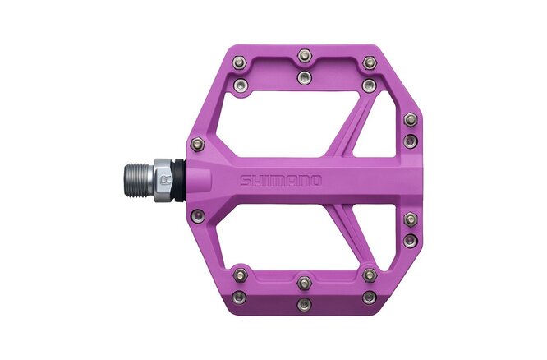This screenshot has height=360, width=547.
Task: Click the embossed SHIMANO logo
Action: [281, 181]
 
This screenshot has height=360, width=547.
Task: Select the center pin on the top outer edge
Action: [305, 55]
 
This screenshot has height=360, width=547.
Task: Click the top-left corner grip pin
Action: [238, 62]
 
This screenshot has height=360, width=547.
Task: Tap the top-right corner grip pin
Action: [370, 62]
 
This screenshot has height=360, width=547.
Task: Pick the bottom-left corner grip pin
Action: [238, 296]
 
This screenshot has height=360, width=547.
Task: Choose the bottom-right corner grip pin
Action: [370, 296]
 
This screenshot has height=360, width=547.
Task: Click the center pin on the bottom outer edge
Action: [305, 304]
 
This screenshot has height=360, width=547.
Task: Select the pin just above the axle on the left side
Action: [196, 144]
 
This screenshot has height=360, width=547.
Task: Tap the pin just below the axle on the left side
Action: [196, 215]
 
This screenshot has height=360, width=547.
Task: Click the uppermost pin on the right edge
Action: [411, 119]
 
